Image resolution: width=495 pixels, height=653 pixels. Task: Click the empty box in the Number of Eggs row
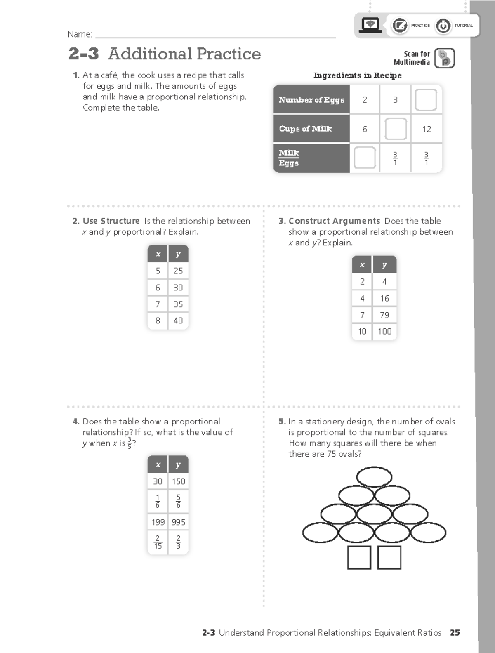pyautogui.click(x=426, y=100)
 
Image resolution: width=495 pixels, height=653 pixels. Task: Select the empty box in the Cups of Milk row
pyautogui.click(x=396, y=129)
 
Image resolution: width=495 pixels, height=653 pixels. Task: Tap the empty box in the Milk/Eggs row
pyautogui.click(x=365, y=158)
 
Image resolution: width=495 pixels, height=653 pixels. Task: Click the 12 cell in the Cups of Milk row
pyautogui.click(x=427, y=129)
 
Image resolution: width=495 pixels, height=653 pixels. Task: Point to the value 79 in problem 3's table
pyautogui.click(x=384, y=315)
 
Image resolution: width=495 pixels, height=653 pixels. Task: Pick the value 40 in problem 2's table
pyautogui.click(x=178, y=321)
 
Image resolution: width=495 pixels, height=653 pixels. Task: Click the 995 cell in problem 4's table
pyautogui.click(x=178, y=522)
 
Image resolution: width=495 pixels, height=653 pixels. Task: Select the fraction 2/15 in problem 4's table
pyautogui.click(x=158, y=542)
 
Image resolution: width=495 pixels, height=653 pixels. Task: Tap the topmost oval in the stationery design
pyautogui.click(x=374, y=477)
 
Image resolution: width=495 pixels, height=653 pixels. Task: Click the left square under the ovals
pyautogui.click(x=359, y=557)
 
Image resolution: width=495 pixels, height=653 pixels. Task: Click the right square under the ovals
pyautogui.click(x=389, y=557)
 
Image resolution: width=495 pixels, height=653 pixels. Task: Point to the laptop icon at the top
pyautogui.click(x=370, y=25)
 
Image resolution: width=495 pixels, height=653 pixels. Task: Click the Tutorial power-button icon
pyautogui.click(x=443, y=26)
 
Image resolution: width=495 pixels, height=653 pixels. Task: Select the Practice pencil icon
pyautogui.click(x=399, y=26)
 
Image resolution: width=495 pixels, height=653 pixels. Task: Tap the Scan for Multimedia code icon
pyautogui.click(x=445, y=58)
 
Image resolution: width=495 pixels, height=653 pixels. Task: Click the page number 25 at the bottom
pyautogui.click(x=455, y=633)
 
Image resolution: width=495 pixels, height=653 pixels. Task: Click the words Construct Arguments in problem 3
pyautogui.click(x=334, y=221)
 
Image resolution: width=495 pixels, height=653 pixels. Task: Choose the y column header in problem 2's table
pyautogui.click(x=178, y=254)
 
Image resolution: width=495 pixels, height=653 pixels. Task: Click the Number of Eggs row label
pyautogui.click(x=311, y=100)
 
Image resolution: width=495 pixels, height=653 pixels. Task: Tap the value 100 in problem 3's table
pyautogui.click(x=384, y=331)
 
